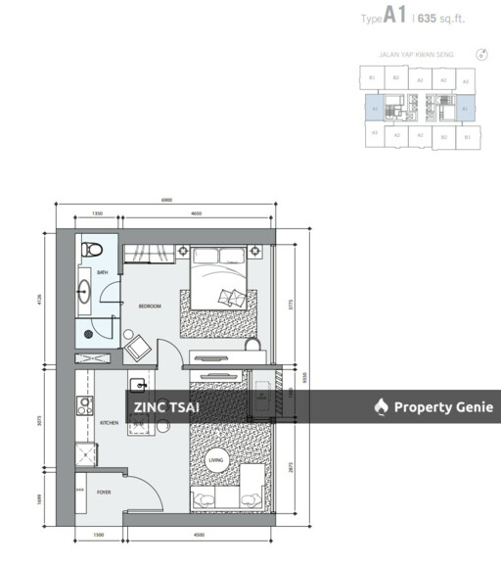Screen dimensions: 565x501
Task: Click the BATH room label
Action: pyautogui.click(x=103, y=273)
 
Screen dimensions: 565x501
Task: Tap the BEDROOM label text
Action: pyautogui.click(x=150, y=306)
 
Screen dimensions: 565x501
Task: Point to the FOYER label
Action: pyautogui.click(x=104, y=507)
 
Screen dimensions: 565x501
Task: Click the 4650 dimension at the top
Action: pyautogui.click(x=196, y=212)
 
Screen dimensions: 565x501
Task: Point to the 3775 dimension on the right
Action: pyautogui.click(x=291, y=303)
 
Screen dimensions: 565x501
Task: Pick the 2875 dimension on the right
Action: pyautogui.click(x=291, y=469)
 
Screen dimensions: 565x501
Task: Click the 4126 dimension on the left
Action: pyautogui.click(x=40, y=300)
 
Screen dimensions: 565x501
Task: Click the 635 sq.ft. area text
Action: pyautogui.click(x=447, y=17)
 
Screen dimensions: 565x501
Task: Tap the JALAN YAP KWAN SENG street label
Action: pyautogui.click(x=415, y=57)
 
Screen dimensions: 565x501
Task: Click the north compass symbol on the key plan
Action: pyautogui.click(x=480, y=57)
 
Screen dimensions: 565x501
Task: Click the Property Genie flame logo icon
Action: pyautogui.click(x=381, y=406)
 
